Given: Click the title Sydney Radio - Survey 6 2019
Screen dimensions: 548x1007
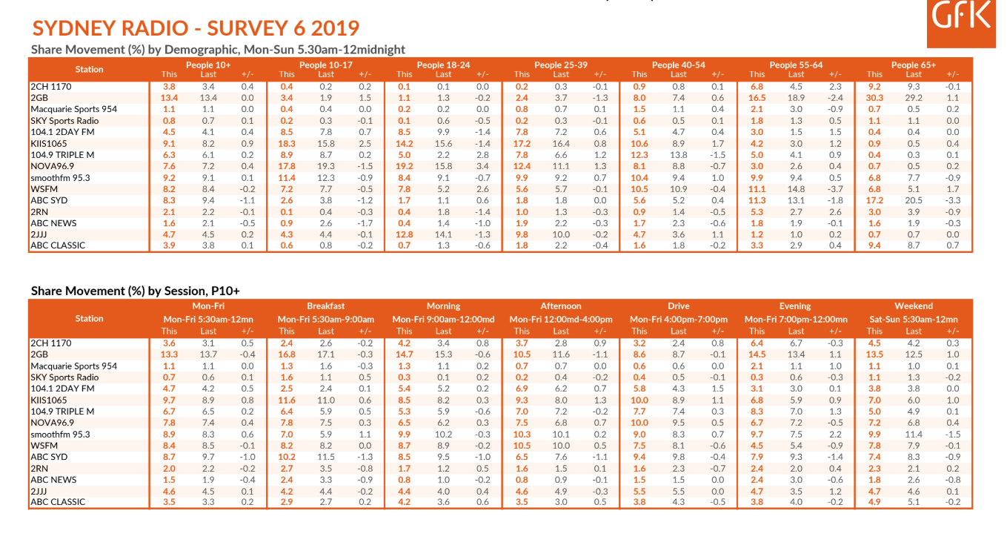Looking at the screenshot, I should point(196,28).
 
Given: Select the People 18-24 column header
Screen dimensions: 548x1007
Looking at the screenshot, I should point(443,65).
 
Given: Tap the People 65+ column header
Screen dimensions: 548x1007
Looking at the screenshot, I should point(914,65).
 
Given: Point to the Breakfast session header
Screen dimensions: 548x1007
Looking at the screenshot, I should point(326,306).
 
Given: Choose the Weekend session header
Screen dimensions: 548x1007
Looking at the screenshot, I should point(914,306).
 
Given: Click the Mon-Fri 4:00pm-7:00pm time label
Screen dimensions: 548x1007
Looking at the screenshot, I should point(679,319).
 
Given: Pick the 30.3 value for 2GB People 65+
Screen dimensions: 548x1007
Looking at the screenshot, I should point(874,98).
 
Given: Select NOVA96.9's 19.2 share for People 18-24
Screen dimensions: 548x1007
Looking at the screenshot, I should point(404,166).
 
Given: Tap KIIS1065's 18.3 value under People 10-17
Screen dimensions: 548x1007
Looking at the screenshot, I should point(287,143).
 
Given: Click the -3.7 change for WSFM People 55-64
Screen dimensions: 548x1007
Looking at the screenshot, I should point(835,189).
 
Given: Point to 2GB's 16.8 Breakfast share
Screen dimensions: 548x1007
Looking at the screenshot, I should point(287,354).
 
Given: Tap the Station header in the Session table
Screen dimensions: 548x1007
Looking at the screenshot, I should point(89,318).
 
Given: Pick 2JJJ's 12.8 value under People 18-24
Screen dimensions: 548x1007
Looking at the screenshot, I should point(404,234).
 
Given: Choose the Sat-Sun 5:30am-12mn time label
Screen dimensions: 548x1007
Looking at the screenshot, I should point(914,319).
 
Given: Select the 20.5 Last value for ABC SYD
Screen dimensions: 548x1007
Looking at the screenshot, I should point(914,200).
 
